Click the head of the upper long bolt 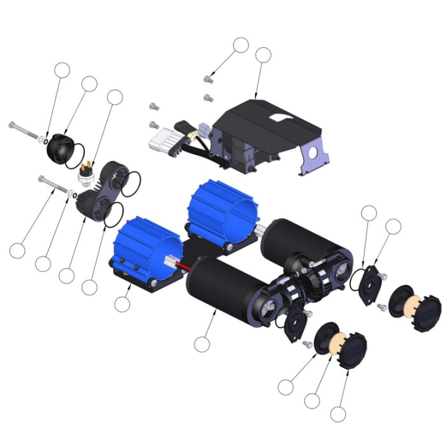point(13,126)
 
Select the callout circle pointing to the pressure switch point(114,96)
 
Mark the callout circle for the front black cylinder point(201,345)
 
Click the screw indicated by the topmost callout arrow point(206,80)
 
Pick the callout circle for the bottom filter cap point(338,414)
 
